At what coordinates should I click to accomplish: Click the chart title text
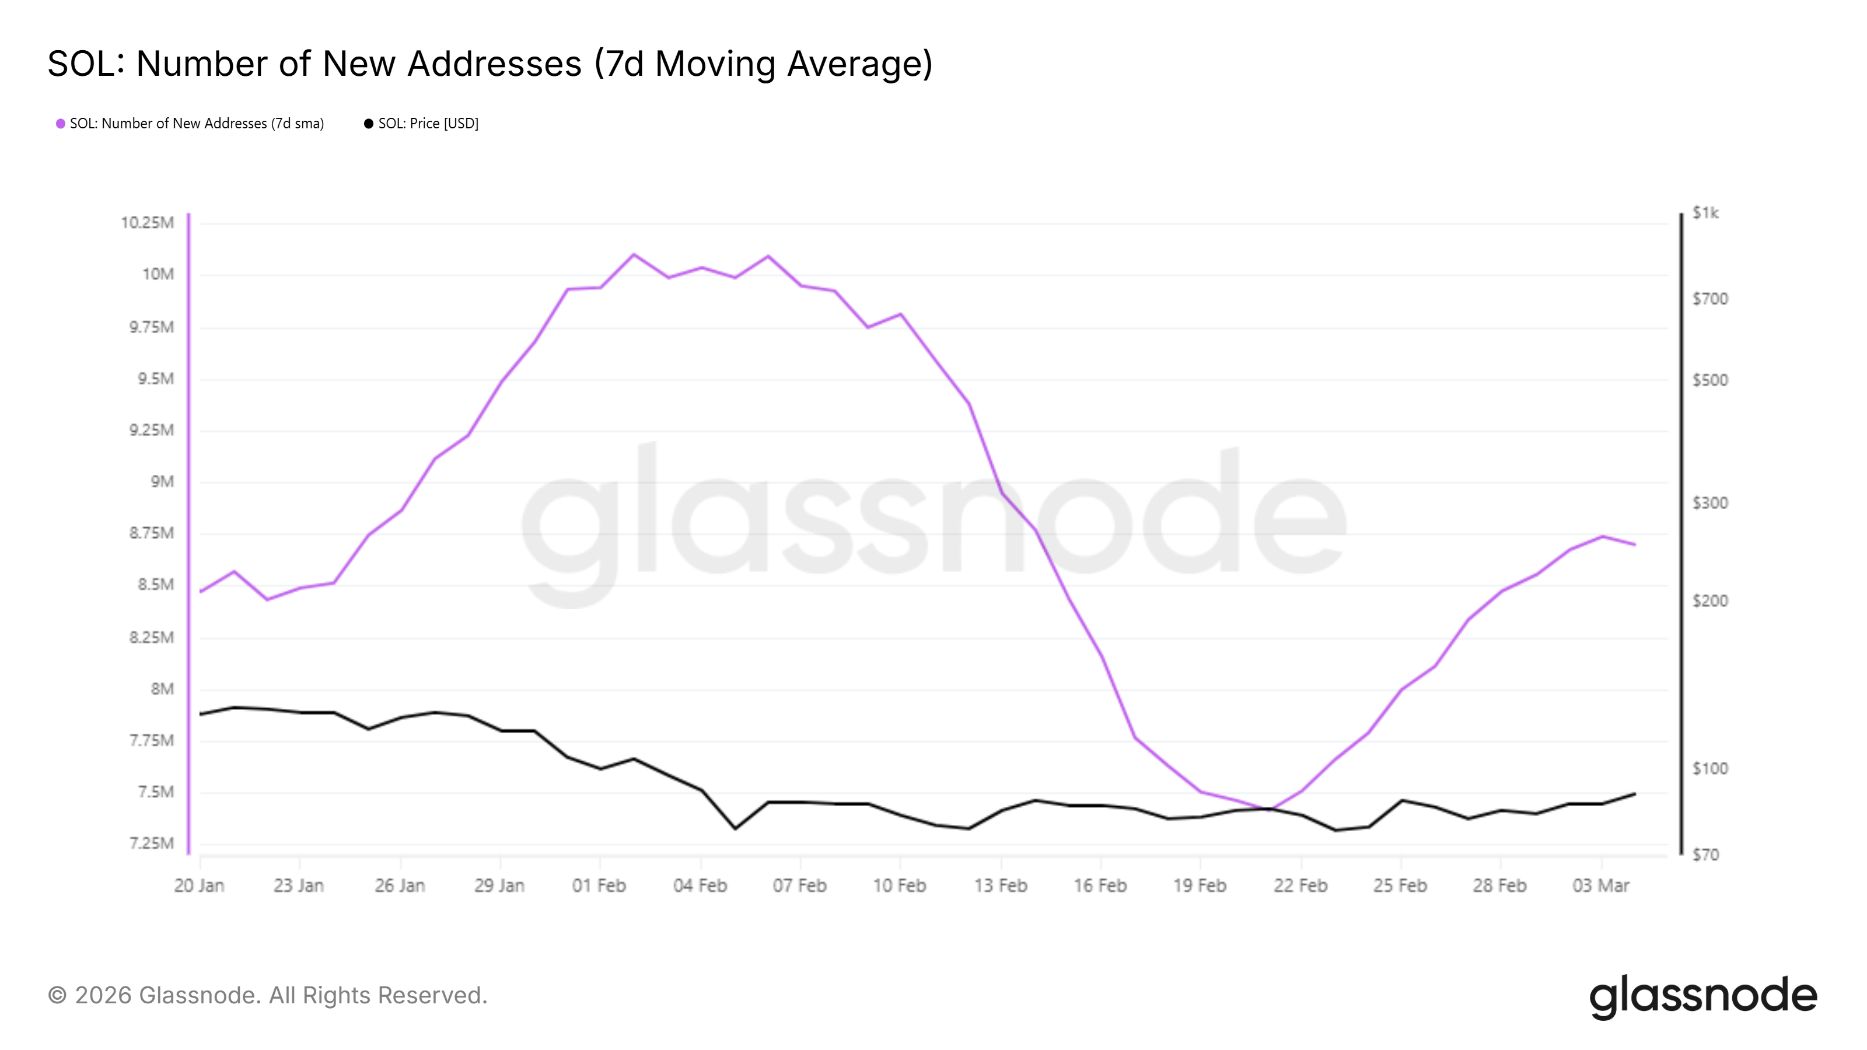490,64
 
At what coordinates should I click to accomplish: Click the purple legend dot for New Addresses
61,124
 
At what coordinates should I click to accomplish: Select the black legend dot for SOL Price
368,124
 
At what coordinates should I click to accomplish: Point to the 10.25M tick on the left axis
147,222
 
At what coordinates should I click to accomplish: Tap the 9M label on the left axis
162,482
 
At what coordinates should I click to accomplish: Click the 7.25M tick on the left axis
152,843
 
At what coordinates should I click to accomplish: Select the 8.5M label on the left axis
156,584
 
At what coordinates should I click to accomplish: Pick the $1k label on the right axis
1705,213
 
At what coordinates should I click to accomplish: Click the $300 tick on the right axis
1709,503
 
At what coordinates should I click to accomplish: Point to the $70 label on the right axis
1705,855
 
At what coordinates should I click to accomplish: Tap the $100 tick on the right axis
1709,769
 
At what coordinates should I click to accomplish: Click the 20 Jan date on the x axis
200,885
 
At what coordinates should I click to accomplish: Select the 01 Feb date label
599,885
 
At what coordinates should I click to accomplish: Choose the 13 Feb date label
1000,885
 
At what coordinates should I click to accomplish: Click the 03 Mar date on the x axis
1600,885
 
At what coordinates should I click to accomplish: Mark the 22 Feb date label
1300,885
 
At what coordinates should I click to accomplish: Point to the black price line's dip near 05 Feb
735,828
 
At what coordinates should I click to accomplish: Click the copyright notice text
267,996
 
